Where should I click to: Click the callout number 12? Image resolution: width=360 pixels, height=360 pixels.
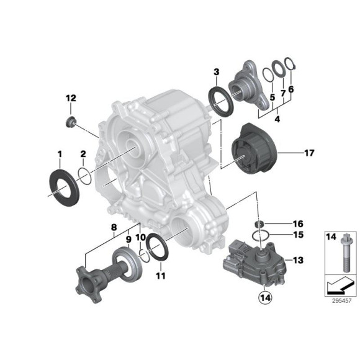click(x=71, y=98)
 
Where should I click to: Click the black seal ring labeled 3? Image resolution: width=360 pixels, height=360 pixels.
click(x=218, y=99)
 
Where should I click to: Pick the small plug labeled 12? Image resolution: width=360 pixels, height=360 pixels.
click(x=71, y=119)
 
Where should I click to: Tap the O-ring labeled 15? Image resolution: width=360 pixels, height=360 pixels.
click(x=262, y=235)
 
